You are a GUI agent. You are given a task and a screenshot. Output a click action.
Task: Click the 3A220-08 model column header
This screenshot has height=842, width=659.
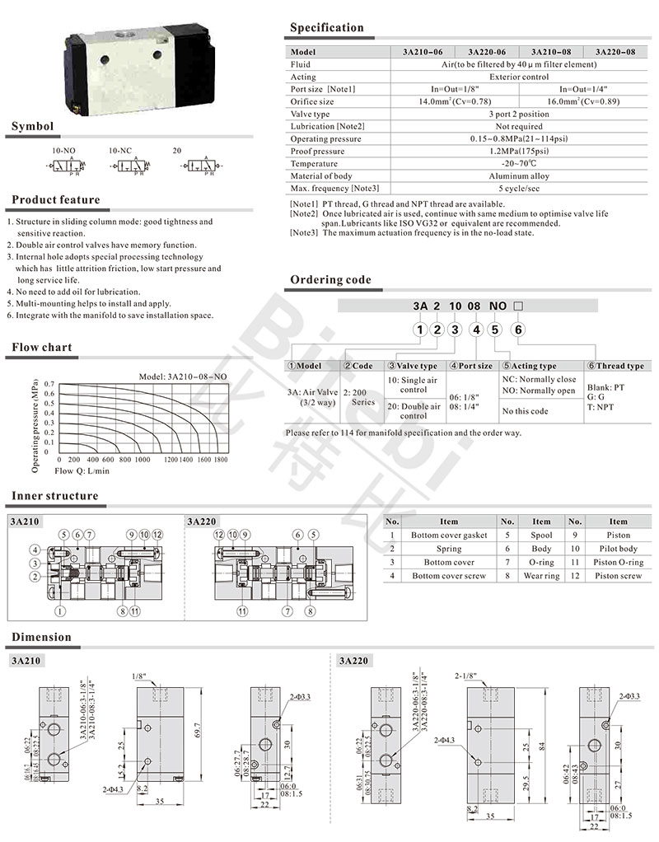(x=615, y=51)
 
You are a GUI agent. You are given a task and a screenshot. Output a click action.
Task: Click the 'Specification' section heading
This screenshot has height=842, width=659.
(x=326, y=28)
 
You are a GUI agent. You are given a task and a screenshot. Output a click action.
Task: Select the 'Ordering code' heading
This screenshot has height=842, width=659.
(x=330, y=280)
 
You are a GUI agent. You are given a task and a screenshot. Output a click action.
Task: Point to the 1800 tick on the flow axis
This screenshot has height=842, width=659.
(x=221, y=459)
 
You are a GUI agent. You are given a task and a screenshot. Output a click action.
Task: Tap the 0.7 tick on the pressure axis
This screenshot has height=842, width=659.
(x=49, y=384)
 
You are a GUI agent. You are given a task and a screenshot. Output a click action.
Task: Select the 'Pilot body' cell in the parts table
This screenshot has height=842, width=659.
(x=618, y=548)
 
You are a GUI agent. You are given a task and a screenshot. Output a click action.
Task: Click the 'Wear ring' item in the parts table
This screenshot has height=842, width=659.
(x=541, y=575)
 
